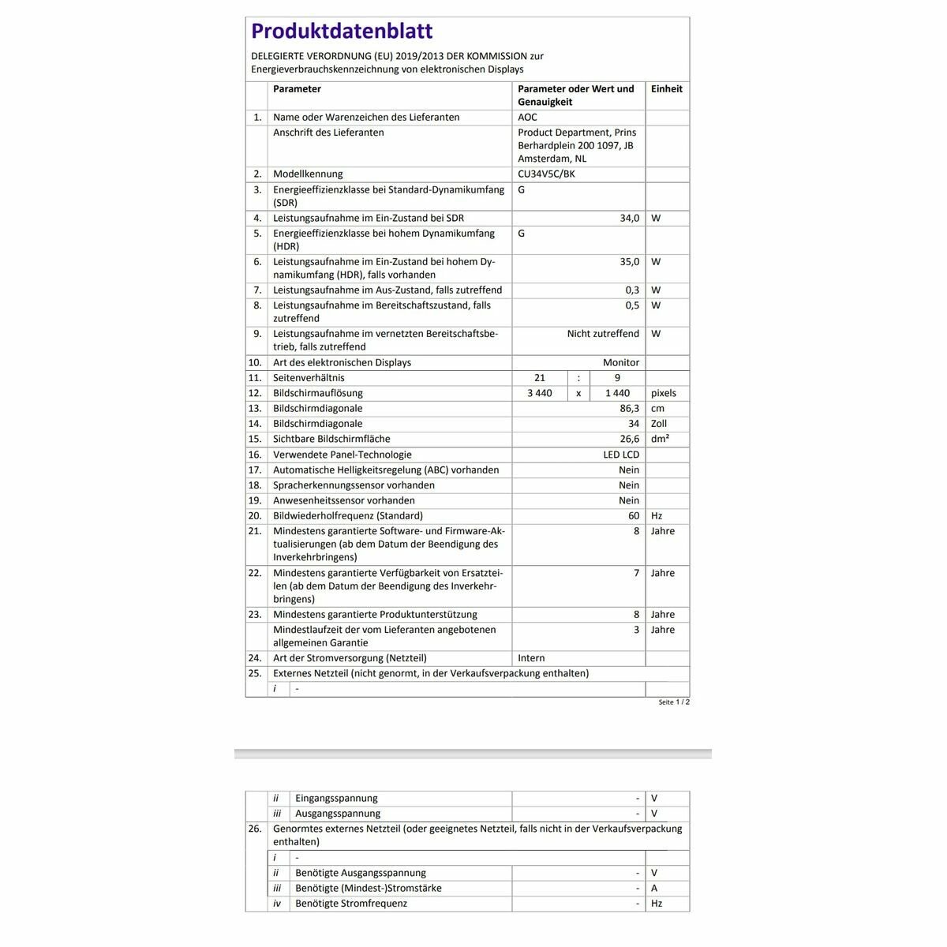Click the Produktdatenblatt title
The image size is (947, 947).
pos(342,32)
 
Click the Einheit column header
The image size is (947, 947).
pos(666,89)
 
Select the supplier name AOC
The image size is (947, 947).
pos(527,118)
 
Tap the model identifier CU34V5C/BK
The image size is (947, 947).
pos(546,174)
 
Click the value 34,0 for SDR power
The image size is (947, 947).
pos(629,219)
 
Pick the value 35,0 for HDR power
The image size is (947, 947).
pos(629,262)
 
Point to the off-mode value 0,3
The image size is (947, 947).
pos(632,290)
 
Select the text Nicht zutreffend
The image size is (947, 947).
pos(603,334)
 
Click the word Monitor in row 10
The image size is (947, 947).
pos(621,363)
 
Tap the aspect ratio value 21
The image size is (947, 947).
pos(540,378)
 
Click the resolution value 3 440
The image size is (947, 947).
pos(540,393)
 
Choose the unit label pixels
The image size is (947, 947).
pos(663,393)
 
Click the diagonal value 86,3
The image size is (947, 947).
pos(629,409)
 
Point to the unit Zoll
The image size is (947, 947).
pos(658,424)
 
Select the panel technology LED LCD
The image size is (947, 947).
pos(621,455)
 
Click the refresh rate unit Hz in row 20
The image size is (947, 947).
pos(657,516)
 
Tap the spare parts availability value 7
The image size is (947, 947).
pos(636,573)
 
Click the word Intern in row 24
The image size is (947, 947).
pos(531,658)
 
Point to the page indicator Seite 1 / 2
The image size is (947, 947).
pos(674,702)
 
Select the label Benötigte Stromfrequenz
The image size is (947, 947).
pos(351,904)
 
